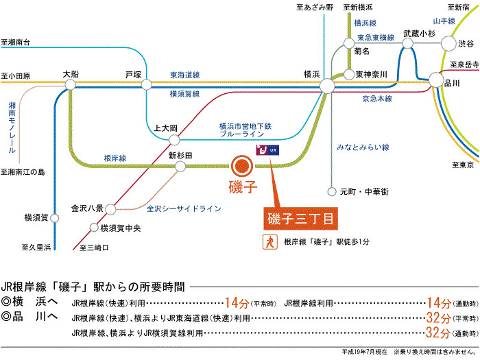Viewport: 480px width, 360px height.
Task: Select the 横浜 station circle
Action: pos(326,85)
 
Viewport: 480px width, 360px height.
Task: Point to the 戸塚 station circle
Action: pos(146,85)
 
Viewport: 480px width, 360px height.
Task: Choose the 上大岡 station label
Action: pos(166,128)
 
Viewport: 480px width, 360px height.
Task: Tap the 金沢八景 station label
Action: pos(87,206)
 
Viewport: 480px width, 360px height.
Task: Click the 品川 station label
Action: pos(453,83)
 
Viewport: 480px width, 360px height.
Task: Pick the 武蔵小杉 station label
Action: pos(420,32)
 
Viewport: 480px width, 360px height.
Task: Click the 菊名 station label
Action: pos(362,51)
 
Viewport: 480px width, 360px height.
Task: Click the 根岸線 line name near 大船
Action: pos(115,158)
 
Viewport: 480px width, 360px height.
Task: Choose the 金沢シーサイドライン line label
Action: pos(183,206)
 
